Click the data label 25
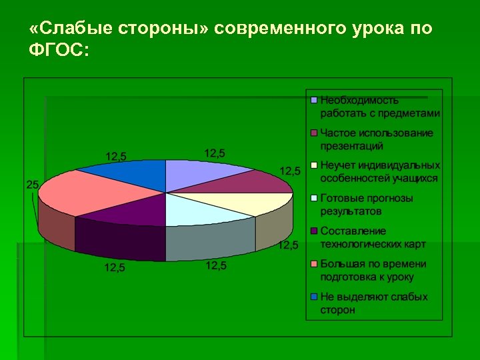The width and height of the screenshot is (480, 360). click(x=32, y=185)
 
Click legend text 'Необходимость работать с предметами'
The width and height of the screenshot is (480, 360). click(x=380, y=107)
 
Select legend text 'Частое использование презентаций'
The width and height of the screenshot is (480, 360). click(x=377, y=139)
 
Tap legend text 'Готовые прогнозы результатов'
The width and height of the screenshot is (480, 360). click(x=367, y=205)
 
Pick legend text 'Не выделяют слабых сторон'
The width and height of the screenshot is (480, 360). click(x=373, y=303)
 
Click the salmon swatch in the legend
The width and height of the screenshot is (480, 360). click(x=313, y=264)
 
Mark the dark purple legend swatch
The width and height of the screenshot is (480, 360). click(x=313, y=231)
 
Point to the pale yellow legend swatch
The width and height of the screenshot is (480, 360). click(x=313, y=165)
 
